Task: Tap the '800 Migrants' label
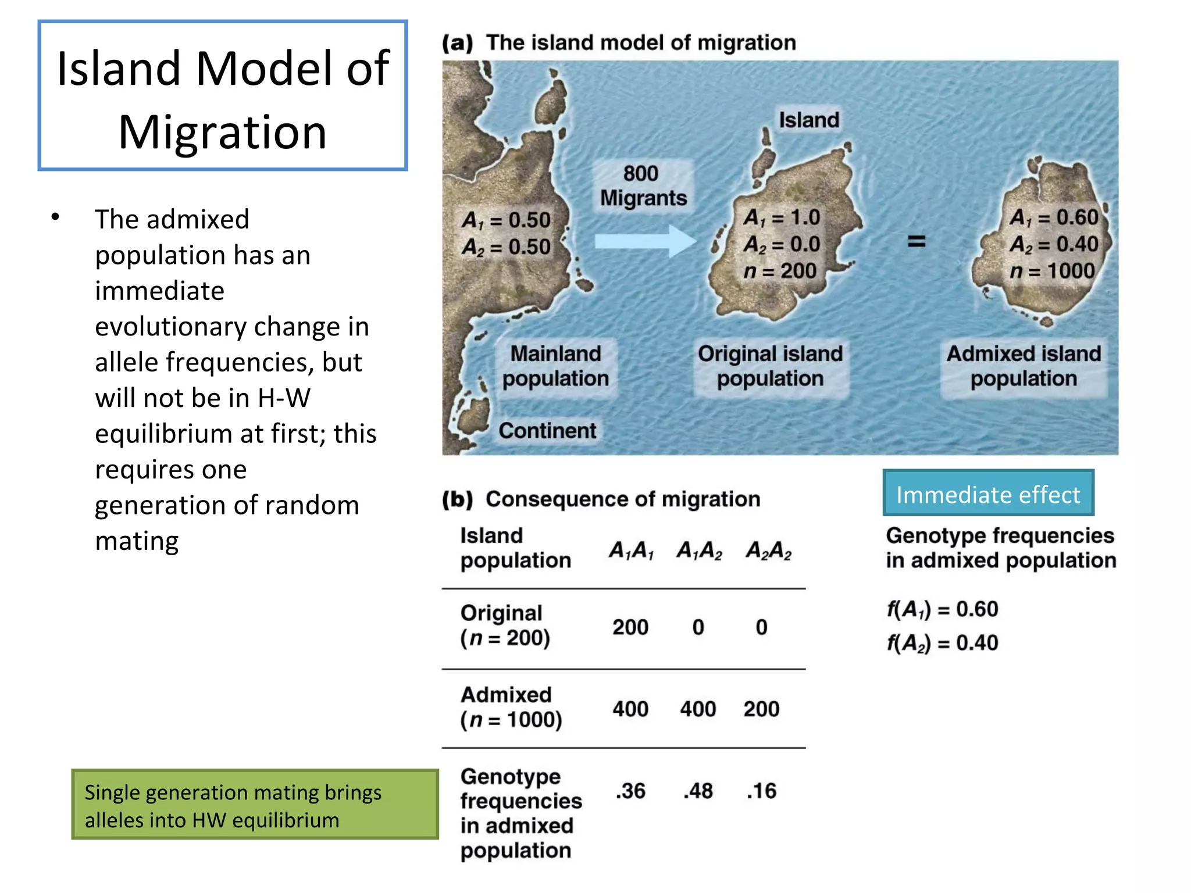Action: [x=643, y=186]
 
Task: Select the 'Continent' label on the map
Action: [x=547, y=431]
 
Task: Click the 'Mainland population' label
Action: [x=555, y=366]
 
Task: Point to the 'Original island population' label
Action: [x=770, y=366]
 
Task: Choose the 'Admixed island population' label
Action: [x=1024, y=366]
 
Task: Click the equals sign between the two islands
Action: [x=917, y=241]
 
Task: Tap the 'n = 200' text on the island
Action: [x=780, y=271]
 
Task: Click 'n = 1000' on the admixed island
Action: [x=1052, y=271]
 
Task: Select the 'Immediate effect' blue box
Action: [x=988, y=494]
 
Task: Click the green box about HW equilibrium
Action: [x=255, y=805]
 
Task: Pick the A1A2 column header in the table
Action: [x=699, y=550]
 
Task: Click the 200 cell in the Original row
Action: [x=630, y=627]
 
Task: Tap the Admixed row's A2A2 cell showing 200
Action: [x=761, y=709]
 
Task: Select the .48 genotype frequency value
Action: [x=698, y=791]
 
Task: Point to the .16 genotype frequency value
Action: [x=761, y=791]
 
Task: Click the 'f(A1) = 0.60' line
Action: [x=942, y=609]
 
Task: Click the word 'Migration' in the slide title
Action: [x=222, y=132]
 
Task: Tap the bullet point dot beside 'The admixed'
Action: [x=55, y=217]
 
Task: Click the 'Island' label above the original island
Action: [x=809, y=120]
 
